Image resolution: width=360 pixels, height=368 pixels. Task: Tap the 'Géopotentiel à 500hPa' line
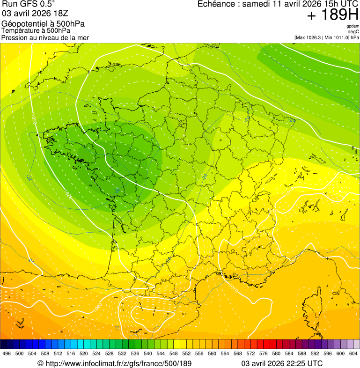point(43,24)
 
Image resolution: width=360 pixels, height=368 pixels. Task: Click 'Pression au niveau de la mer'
point(45,37)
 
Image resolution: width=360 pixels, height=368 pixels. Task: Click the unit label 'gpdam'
point(353,26)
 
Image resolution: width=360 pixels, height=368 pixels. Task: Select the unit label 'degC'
point(353,31)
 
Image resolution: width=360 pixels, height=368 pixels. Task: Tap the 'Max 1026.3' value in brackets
point(310,37)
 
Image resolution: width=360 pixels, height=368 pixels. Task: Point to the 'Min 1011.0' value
point(337,37)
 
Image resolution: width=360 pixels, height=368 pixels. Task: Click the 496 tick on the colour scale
point(7,354)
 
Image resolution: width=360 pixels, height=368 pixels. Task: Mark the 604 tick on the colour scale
point(353,354)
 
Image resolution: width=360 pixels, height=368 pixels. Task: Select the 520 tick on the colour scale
point(84,354)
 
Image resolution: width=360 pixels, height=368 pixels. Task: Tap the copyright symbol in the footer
point(40,363)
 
